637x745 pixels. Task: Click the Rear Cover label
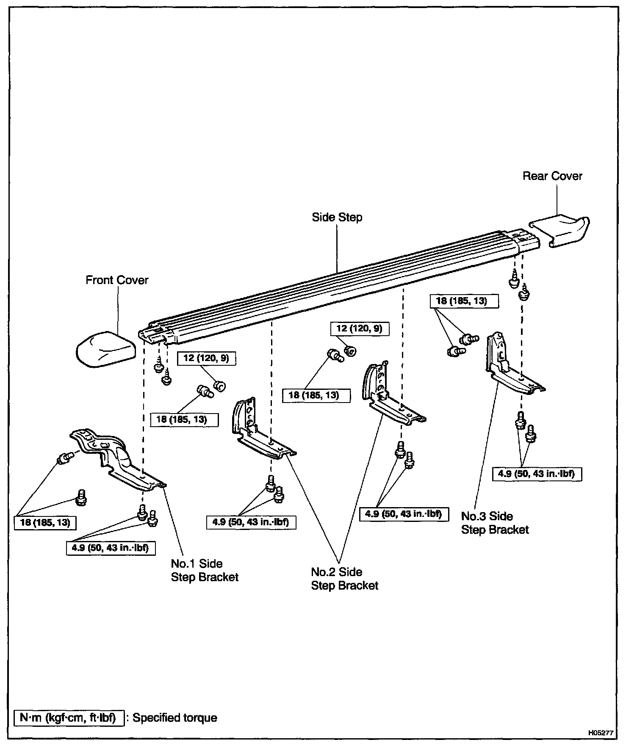click(552, 176)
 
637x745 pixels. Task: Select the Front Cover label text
click(117, 280)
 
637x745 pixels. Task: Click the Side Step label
click(337, 218)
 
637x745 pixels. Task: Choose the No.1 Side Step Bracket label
click(205, 570)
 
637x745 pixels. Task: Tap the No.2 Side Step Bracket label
click(344, 579)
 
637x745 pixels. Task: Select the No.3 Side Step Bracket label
click(495, 523)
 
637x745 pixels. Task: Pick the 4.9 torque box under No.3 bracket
click(537, 474)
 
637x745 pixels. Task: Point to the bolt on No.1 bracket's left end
click(64, 458)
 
